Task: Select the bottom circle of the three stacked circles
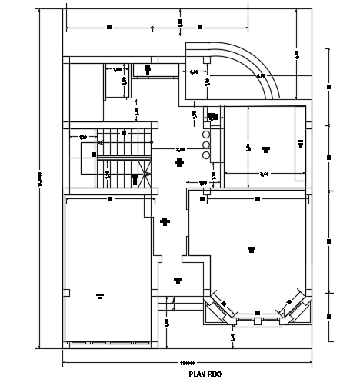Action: pos(206,154)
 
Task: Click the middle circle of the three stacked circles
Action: pos(206,144)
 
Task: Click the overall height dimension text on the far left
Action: pos(39,181)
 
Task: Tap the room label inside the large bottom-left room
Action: pos(99,294)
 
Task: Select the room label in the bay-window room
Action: pos(251,248)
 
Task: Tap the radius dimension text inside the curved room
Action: pos(260,76)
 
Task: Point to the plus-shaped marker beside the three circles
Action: pos(179,162)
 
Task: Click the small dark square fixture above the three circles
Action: pos(213,117)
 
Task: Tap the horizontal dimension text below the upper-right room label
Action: pos(264,175)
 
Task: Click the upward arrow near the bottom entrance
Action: pos(175,301)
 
